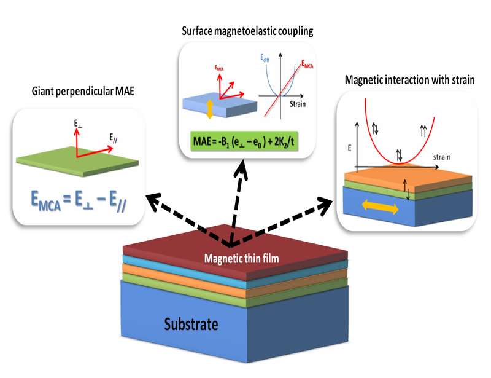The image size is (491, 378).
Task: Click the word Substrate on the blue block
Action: click(191, 324)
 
